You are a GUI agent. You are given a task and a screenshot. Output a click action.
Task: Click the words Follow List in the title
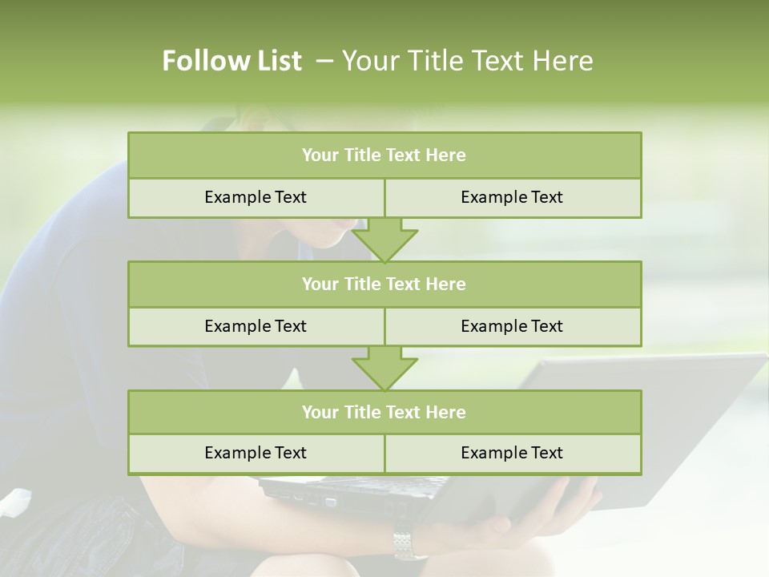pos(232,61)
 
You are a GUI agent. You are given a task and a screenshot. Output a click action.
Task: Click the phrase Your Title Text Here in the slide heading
pos(467,61)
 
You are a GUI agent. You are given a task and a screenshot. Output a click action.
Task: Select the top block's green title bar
pos(384,155)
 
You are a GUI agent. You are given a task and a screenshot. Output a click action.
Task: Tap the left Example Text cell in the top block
pos(256,198)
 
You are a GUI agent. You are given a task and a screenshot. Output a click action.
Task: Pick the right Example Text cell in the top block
pos(513,198)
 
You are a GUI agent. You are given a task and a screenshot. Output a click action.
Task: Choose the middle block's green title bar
pos(384,284)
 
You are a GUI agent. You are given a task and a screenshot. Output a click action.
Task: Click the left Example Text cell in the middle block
pos(256,326)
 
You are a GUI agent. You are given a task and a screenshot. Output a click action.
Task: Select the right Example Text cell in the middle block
pos(513,326)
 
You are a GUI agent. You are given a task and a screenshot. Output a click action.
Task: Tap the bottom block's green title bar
pos(384,412)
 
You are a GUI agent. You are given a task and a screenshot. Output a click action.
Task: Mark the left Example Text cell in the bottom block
pos(256,453)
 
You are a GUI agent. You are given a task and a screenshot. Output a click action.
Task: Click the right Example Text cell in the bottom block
pos(513,453)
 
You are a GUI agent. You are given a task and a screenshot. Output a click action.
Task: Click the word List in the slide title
pos(276,61)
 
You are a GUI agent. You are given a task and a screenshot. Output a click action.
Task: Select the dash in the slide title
pos(324,61)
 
